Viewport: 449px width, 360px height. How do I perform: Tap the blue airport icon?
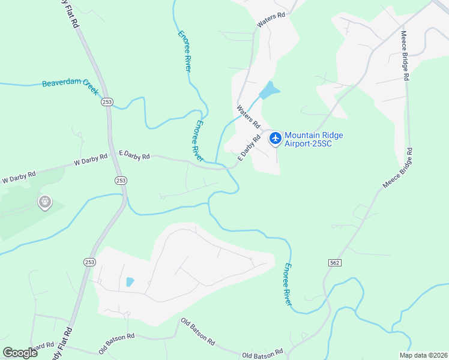[276, 139]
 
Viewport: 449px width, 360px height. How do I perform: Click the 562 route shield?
[335, 263]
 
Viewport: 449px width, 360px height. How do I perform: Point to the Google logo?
[19, 353]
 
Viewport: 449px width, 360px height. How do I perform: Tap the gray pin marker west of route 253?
[44, 202]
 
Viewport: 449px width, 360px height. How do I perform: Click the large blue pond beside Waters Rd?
[270, 91]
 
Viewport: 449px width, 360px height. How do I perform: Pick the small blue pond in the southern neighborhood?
[130, 281]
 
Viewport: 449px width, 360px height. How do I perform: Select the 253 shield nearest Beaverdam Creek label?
[107, 102]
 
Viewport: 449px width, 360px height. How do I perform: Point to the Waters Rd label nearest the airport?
[248, 117]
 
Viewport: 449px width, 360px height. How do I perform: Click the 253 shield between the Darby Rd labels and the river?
[121, 180]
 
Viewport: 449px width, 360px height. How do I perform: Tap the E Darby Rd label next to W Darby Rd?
[134, 156]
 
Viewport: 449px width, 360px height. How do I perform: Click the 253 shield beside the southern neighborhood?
[89, 262]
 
